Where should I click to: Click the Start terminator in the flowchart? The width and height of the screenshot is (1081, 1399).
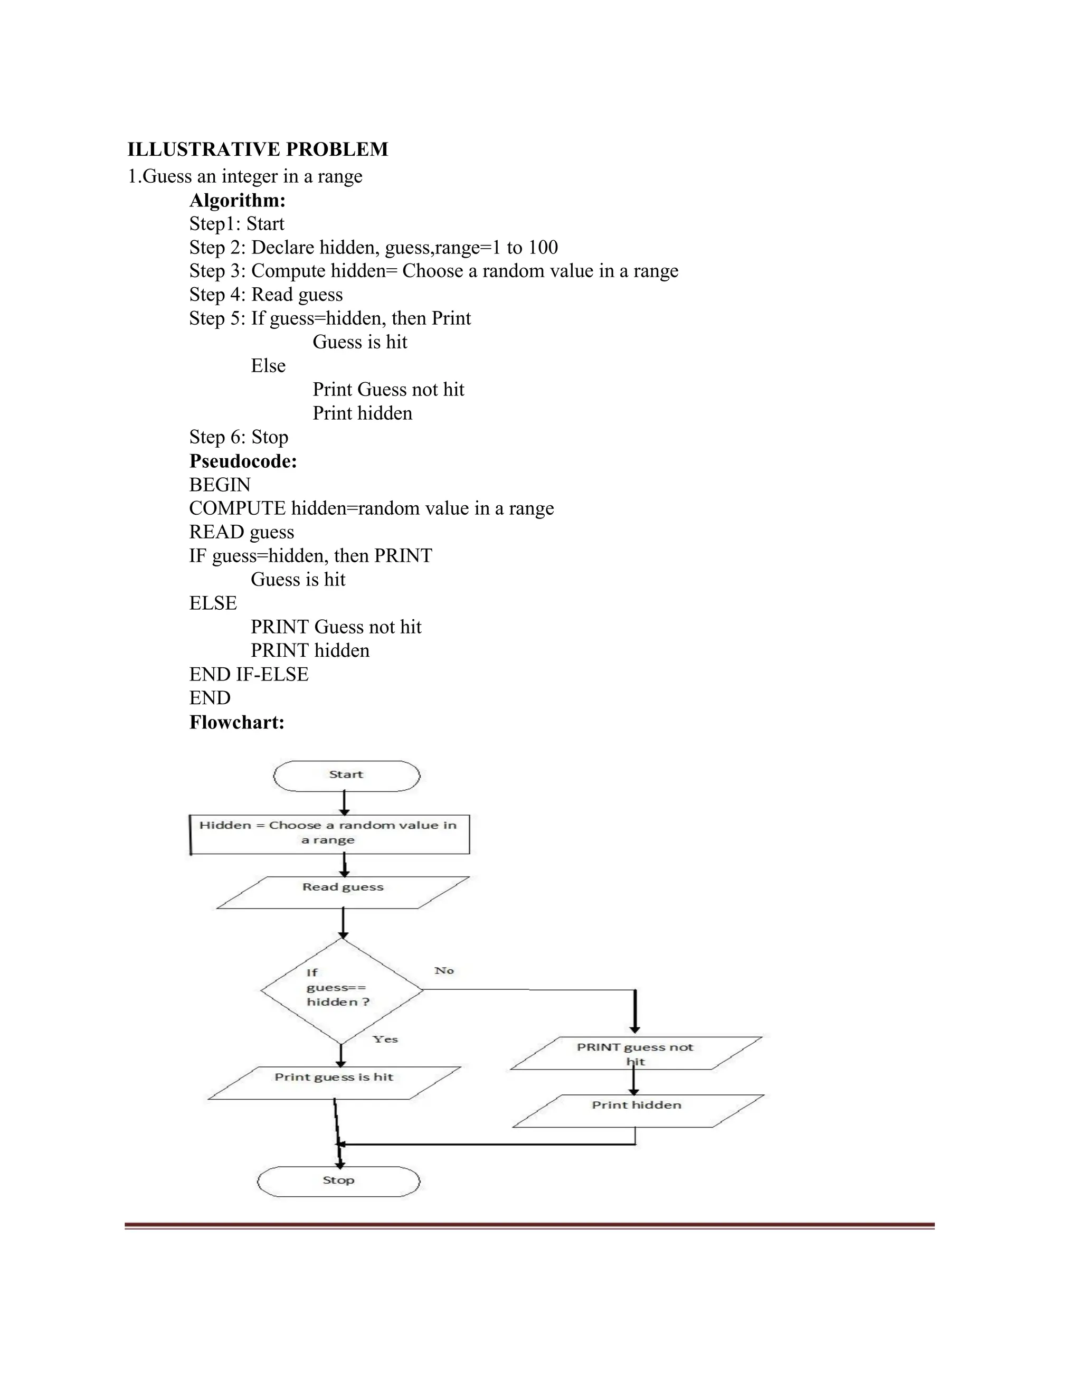tap(346, 776)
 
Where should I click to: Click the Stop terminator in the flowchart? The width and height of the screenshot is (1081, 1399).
tap(338, 1181)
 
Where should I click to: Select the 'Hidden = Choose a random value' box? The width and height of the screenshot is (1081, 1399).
tap(330, 834)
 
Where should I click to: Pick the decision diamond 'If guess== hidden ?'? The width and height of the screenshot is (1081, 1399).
tap(342, 990)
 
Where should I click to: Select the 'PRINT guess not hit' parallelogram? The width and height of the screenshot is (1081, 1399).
tap(636, 1053)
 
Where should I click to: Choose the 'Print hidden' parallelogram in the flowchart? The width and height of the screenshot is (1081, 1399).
tap(637, 1110)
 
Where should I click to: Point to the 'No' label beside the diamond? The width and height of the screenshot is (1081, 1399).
tap(444, 971)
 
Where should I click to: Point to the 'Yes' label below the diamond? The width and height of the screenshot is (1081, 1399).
tap(385, 1039)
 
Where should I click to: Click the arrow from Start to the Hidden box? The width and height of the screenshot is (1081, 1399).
tap(345, 802)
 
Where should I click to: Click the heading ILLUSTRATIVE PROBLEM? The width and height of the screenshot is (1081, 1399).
tap(258, 149)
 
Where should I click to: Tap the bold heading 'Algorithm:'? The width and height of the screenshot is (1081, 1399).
tap(237, 201)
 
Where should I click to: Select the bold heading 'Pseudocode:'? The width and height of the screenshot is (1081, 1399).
tap(243, 461)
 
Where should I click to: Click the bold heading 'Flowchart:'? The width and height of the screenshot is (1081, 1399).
tap(236, 723)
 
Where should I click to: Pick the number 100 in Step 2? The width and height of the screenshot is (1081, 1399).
tap(543, 247)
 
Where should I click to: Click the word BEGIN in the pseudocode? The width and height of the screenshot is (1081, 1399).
tap(220, 485)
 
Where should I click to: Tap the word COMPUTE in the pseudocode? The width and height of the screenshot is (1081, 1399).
tap(237, 508)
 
